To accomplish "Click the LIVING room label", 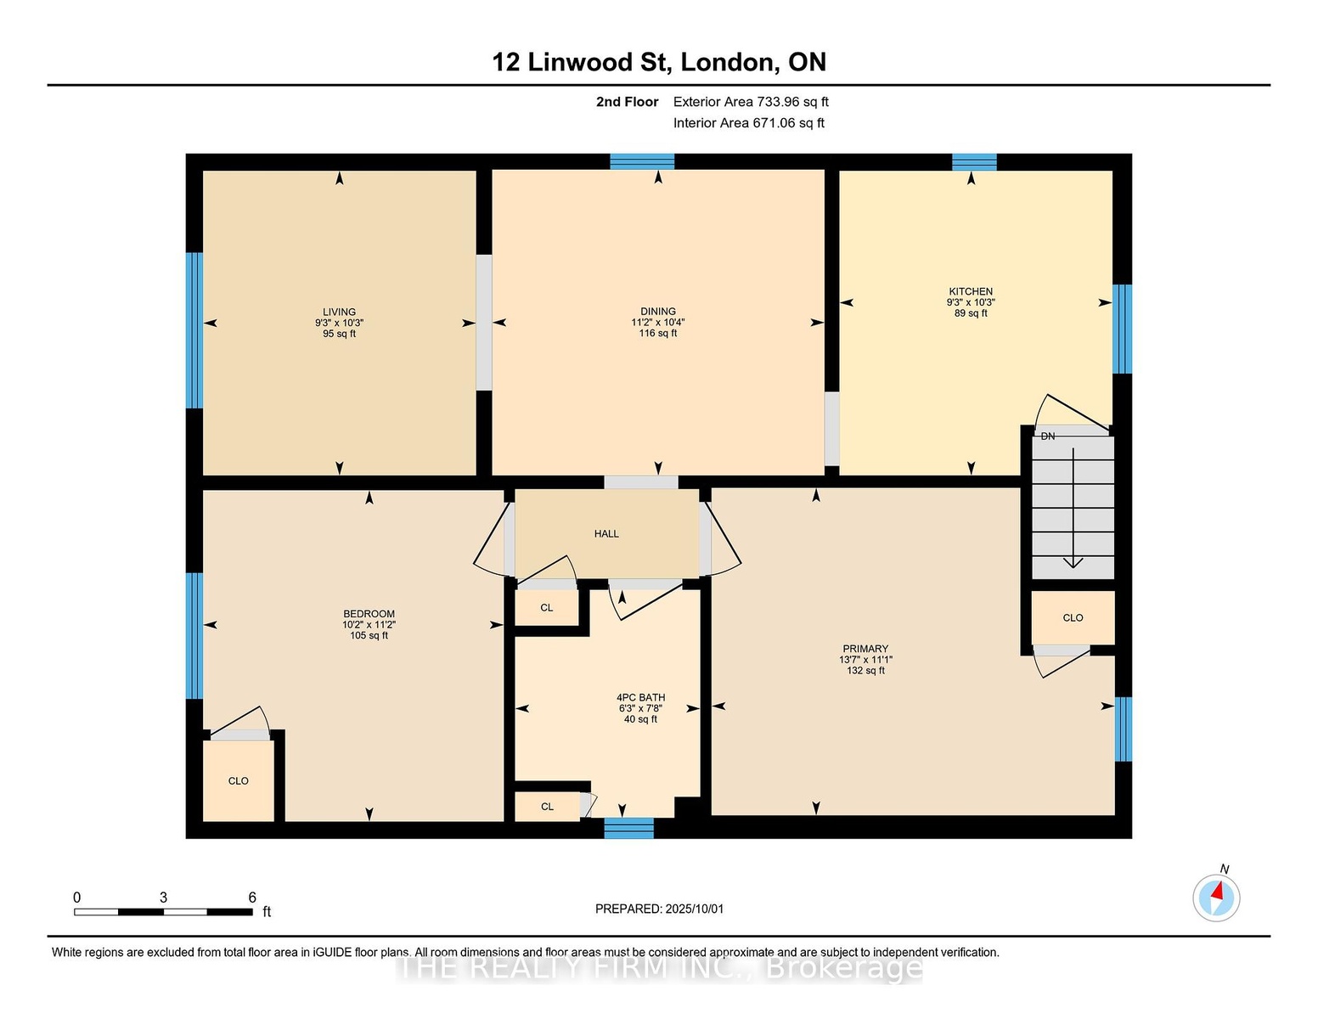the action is [x=339, y=312].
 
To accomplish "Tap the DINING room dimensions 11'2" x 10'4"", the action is [x=658, y=323].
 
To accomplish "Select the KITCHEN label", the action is [x=971, y=291].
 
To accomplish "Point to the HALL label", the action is [x=606, y=533].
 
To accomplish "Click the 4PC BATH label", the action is [x=640, y=698].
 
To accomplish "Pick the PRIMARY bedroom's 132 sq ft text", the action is [x=865, y=671].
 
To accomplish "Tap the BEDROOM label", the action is [x=369, y=613].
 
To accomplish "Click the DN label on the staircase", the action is [x=1047, y=436].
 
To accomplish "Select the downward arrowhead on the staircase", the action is [x=1073, y=562].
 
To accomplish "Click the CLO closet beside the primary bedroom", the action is [x=1073, y=617].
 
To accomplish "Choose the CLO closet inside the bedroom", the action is [x=239, y=780].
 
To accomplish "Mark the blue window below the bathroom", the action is [x=629, y=828].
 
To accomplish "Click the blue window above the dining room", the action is [x=642, y=161].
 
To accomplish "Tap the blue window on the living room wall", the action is [x=194, y=330].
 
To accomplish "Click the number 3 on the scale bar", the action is [x=163, y=898].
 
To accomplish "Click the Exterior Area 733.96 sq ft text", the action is [x=751, y=102].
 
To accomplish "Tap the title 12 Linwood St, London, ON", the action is [x=659, y=62].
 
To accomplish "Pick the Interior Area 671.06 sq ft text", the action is [x=749, y=123].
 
